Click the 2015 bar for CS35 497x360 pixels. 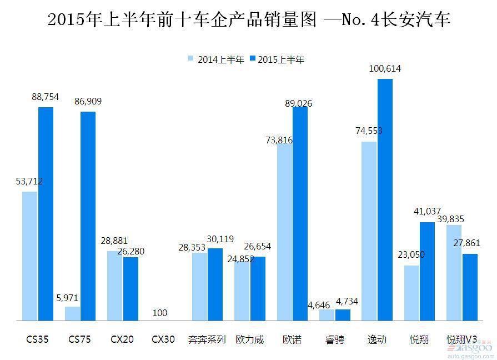[46, 214]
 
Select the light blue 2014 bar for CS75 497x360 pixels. [72, 314]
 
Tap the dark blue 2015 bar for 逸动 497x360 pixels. [385, 200]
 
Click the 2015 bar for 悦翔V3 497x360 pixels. [470, 287]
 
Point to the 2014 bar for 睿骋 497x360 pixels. [327, 315]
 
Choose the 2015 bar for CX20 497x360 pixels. [130, 289]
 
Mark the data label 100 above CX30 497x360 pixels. [159, 313]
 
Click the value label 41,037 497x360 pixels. [427, 212]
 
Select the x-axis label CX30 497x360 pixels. [163, 339]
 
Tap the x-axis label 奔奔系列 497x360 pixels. [207, 339]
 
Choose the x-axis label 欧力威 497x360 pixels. [250, 339]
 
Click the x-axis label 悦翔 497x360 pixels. [419, 339]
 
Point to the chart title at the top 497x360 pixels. [248, 20]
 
